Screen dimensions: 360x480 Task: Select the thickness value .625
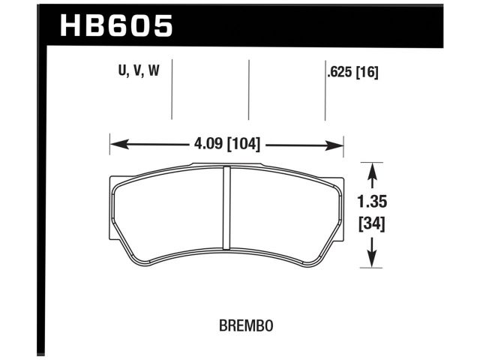[x=340, y=72]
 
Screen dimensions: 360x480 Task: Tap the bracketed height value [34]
[x=372, y=223]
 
